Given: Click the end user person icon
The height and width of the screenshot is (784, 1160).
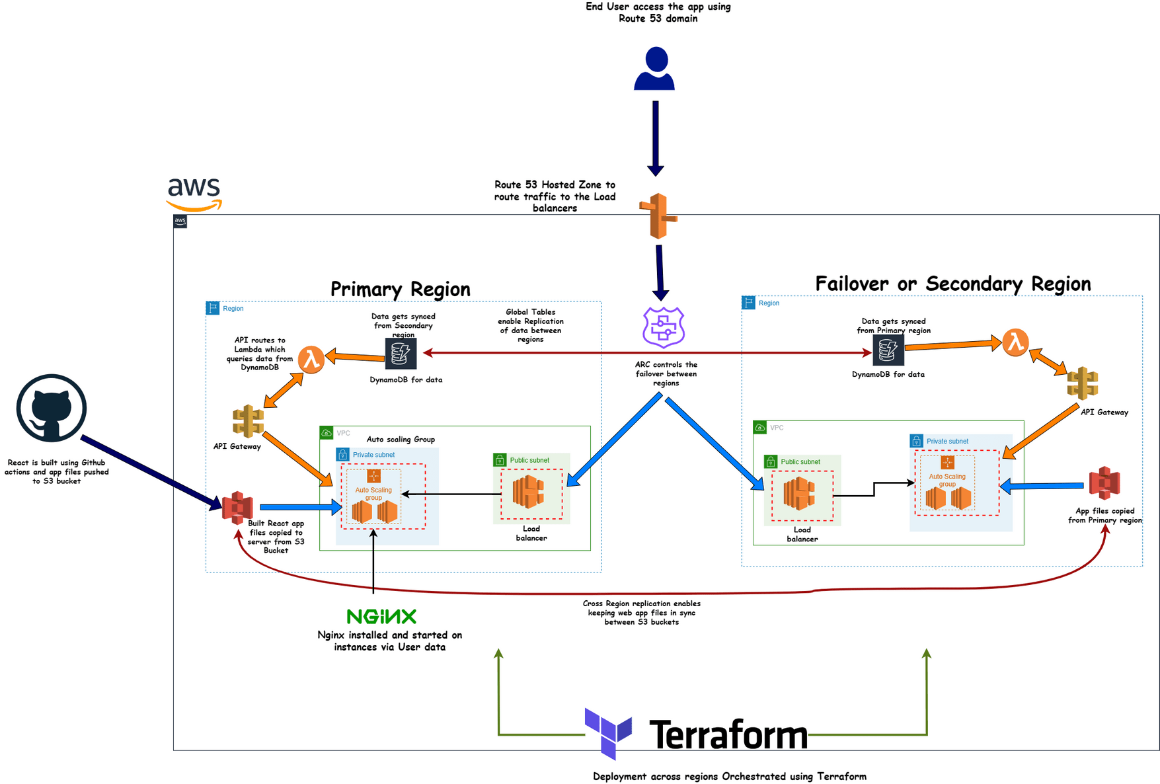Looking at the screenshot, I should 654,69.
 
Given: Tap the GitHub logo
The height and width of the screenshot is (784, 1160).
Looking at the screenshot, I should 52,408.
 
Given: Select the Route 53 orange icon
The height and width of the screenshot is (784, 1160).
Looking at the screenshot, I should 658,216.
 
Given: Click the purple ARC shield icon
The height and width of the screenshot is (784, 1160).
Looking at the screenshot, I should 664,327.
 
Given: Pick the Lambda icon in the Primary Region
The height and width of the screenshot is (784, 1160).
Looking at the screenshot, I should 311,359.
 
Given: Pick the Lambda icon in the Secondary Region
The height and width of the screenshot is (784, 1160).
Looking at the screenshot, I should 1015,342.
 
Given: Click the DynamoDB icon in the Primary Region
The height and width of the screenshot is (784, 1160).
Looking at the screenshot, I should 401,354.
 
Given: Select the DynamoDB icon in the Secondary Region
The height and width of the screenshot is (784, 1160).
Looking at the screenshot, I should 888,350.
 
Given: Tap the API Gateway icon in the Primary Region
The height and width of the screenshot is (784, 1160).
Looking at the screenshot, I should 249,422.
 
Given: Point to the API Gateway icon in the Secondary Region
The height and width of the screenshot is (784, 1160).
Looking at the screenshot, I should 1083,383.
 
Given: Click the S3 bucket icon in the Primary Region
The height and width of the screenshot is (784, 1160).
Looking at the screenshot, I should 237,508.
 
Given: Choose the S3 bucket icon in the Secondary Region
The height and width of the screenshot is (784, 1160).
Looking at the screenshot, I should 1104,483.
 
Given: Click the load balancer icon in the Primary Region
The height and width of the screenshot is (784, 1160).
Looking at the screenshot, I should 529,492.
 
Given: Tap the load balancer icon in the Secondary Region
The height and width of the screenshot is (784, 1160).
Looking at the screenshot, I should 799,494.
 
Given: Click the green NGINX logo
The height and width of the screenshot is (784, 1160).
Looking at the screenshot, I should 381,617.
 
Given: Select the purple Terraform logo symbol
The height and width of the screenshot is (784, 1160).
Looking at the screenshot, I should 608,732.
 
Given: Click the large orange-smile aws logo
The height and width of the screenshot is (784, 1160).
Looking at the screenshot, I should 194,194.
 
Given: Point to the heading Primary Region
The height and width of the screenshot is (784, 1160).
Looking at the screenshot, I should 400,290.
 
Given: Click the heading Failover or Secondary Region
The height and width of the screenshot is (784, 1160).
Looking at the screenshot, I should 952,284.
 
